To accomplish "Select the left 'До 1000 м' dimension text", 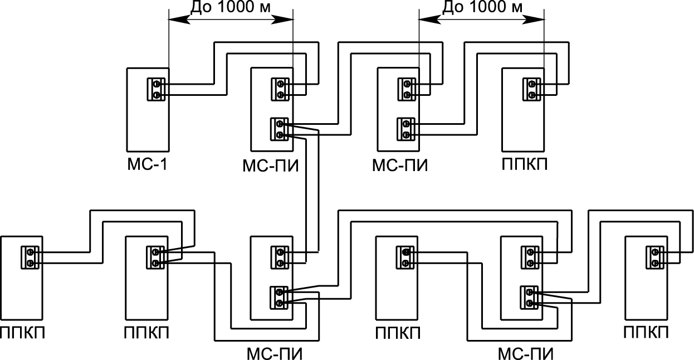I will click(230, 7).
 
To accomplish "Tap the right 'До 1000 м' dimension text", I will click(482, 7).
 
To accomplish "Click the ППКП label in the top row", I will click(525, 166).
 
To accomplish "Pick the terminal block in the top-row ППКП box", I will click(531, 90).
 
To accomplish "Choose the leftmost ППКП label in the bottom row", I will click(23, 334).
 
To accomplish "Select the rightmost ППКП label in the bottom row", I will click(646, 334).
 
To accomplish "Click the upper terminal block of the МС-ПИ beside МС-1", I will click(280, 90).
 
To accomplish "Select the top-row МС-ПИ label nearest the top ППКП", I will click(399, 166).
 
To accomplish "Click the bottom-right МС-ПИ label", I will click(525, 353).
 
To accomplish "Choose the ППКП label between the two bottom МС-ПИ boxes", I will click(398, 334).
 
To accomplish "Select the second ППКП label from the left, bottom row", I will click(147, 334).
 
